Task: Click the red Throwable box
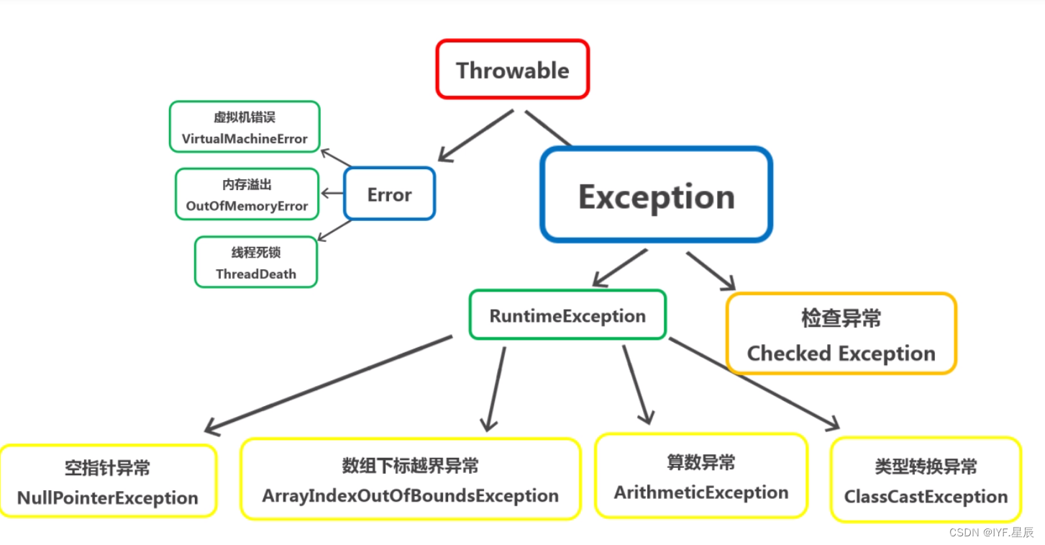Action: click(x=513, y=69)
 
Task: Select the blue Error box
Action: click(x=389, y=194)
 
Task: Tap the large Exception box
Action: click(x=656, y=195)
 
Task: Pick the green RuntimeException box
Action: click(x=567, y=315)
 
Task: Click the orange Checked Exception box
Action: click(x=841, y=334)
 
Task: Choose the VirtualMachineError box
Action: click(x=245, y=127)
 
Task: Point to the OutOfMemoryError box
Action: click(x=247, y=194)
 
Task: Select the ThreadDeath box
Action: click(x=256, y=262)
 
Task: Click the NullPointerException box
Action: click(x=108, y=481)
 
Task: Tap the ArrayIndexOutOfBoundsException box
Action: click(x=410, y=479)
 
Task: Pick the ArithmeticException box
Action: click(x=701, y=476)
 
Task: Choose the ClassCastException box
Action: click(x=926, y=480)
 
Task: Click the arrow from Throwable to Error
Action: click(x=476, y=135)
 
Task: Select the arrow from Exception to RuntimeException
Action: click(x=619, y=267)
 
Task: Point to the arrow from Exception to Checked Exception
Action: click(x=711, y=271)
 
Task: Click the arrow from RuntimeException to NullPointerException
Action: click(x=329, y=384)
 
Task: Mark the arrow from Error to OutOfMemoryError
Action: click(x=332, y=194)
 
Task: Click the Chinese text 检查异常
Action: click(x=841, y=318)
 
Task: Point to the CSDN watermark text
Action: click(x=991, y=533)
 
